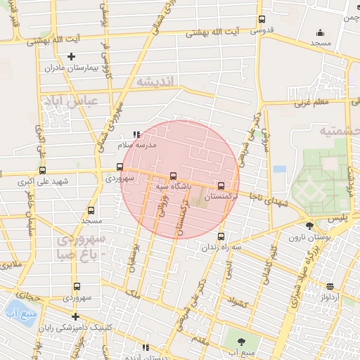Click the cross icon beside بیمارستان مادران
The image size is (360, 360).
pyautogui.click(x=70, y=57)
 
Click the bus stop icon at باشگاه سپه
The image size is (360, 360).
pyautogui.click(x=173, y=176)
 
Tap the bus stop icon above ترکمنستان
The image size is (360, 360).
pyautogui.click(x=221, y=186)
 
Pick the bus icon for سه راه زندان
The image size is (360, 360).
pyautogui.click(x=221, y=236)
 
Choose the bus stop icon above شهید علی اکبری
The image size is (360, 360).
pyautogui.click(x=42, y=170)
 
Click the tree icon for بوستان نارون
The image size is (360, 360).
pyautogui.click(x=310, y=226)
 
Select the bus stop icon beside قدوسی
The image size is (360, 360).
pyautogui.click(x=262, y=20)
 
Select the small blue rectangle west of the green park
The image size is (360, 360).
pyautogui.click(x=280, y=169)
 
